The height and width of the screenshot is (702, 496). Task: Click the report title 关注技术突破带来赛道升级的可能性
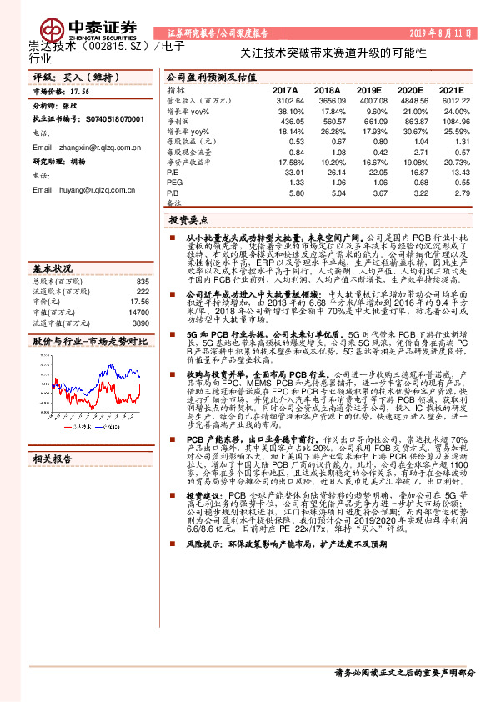[333, 53]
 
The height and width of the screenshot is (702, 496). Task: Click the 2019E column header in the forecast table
[368, 90]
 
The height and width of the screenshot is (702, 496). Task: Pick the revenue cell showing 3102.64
[288, 100]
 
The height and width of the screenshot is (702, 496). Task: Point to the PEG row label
[174, 183]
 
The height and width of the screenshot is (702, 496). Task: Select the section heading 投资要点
[192, 222]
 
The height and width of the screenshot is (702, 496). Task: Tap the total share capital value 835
[142, 282]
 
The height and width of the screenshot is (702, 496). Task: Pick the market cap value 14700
[138, 312]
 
